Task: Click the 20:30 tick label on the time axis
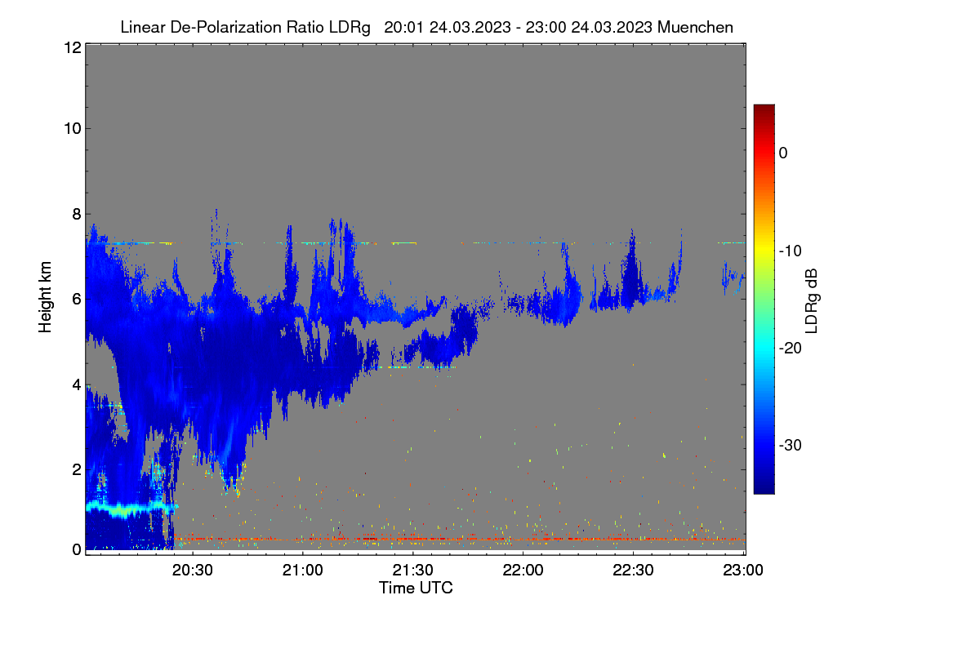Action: (192, 570)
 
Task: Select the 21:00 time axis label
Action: (302, 570)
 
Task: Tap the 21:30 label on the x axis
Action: (412, 570)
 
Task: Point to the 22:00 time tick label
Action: (523, 570)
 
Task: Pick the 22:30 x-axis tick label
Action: (633, 570)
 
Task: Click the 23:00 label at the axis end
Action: (743, 570)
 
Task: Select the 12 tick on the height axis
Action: (73, 47)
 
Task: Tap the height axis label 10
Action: (73, 129)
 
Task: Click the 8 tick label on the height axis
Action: (77, 214)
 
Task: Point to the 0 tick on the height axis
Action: (77, 549)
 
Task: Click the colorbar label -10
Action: (791, 251)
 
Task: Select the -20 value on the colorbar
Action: (791, 349)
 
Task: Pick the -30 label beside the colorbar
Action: (791, 445)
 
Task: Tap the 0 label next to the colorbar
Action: (783, 153)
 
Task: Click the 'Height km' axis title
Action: (45, 297)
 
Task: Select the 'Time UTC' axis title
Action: (416, 588)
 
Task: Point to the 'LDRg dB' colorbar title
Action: (812, 301)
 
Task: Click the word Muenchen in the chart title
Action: (695, 27)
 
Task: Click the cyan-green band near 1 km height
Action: (131, 509)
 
